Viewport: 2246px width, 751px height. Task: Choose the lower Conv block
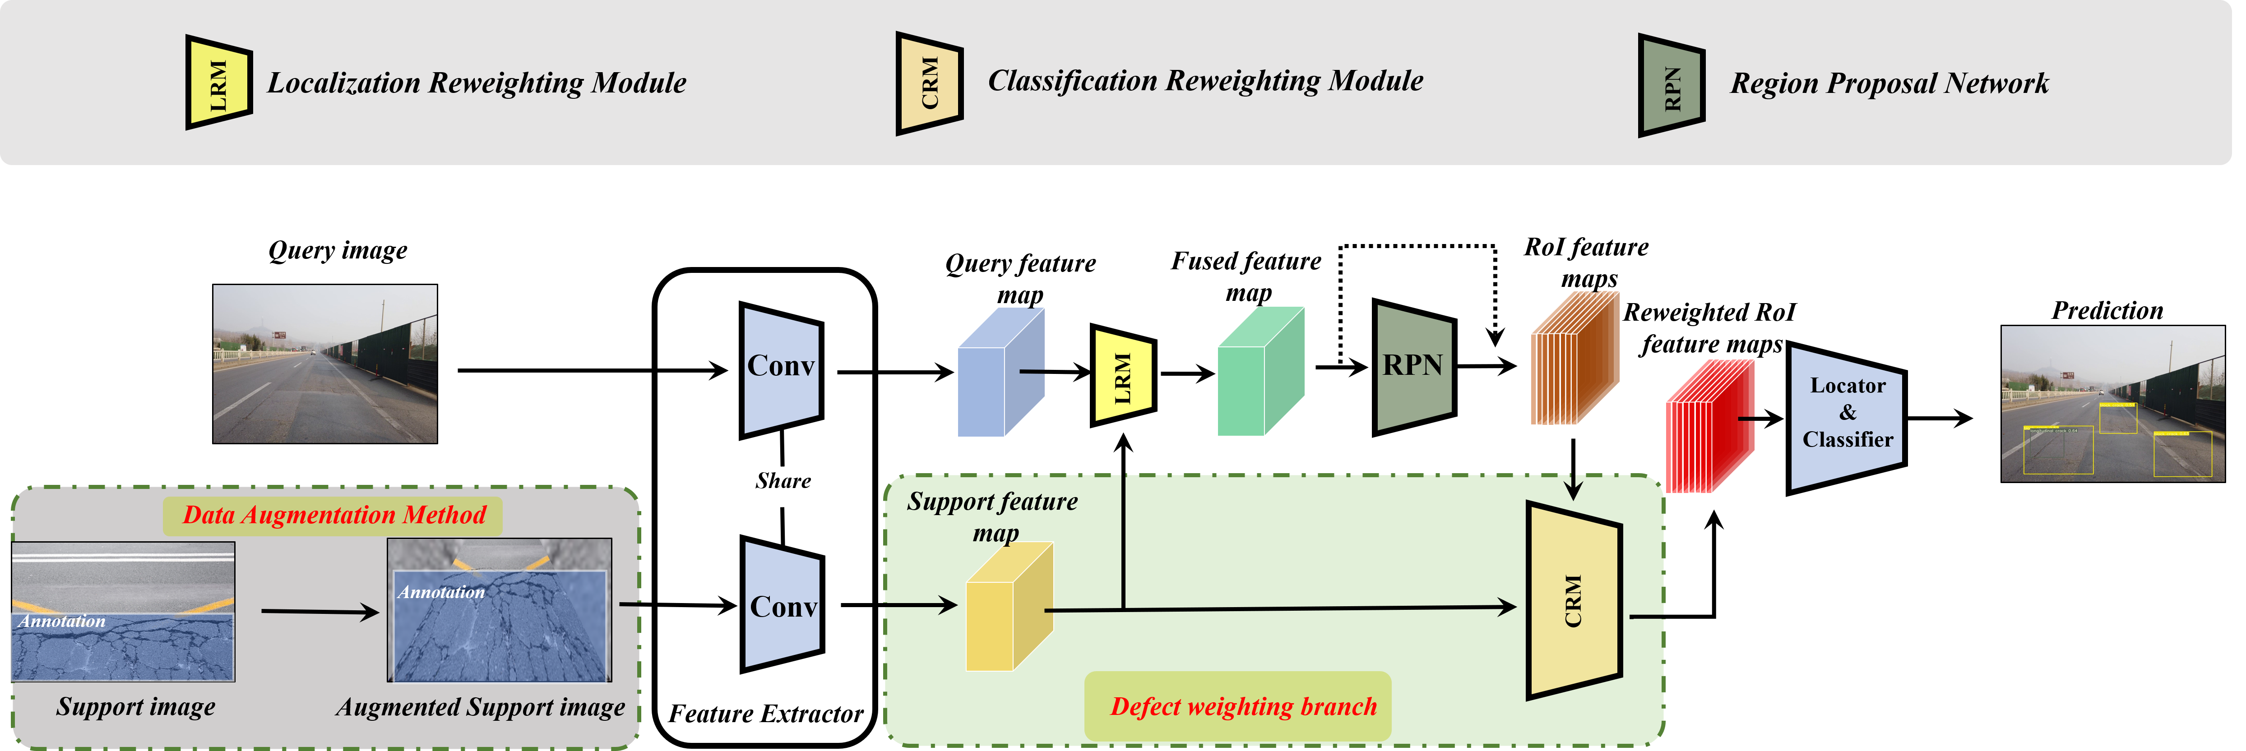click(x=782, y=604)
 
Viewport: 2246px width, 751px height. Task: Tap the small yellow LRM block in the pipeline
click(x=1123, y=375)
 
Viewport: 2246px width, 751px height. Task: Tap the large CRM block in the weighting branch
click(x=1573, y=599)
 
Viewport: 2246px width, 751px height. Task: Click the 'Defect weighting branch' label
click(x=1242, y=706)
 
